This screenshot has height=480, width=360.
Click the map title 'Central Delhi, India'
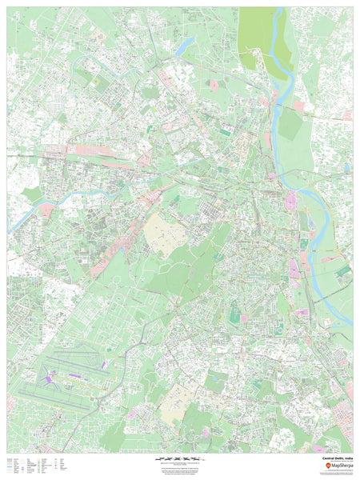(x=336, y=458)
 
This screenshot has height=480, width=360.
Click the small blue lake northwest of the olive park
(x=182, y=46)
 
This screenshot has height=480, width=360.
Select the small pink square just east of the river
(x=299, y=106)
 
